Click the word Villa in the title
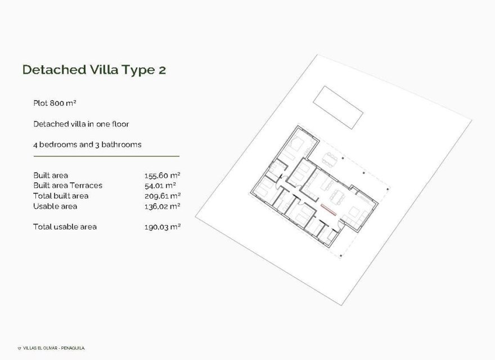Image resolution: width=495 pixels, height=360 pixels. coord(103,70)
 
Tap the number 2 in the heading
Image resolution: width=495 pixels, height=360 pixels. coord(161,70)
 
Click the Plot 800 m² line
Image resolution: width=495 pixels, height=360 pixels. coord(55,103)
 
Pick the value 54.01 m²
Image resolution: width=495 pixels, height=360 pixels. coord(160,186)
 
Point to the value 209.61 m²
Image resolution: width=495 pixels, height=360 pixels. coord(162,196)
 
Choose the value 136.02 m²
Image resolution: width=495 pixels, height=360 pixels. coord(162,206)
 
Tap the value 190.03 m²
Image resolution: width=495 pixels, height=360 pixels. coord(162,227)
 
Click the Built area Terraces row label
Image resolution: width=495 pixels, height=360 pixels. coord(67,186)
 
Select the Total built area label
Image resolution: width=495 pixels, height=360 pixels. coord(61,196)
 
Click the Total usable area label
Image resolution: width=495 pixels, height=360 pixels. coord(65,227)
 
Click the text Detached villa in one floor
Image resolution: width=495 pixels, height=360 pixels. coord(82,124)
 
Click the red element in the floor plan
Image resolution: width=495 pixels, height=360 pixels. coord(327,211)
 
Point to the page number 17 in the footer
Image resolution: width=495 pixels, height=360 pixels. coord(19,348)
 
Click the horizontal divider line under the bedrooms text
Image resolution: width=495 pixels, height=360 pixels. coord(106,156)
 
